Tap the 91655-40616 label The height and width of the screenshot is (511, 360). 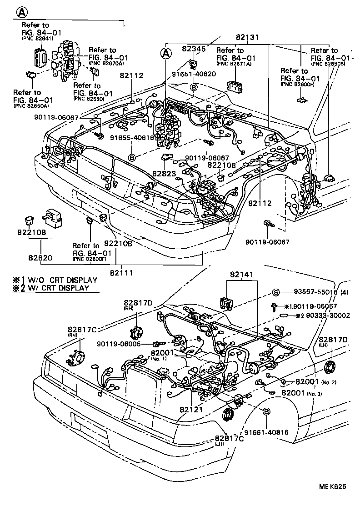point(131,137)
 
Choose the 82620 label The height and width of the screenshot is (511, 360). point(40,258)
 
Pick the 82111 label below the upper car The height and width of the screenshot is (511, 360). point(122,272)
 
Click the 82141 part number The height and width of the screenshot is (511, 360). point(241,275)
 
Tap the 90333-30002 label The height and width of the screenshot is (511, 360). point(328,315)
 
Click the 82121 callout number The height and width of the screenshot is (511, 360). point(191,410)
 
